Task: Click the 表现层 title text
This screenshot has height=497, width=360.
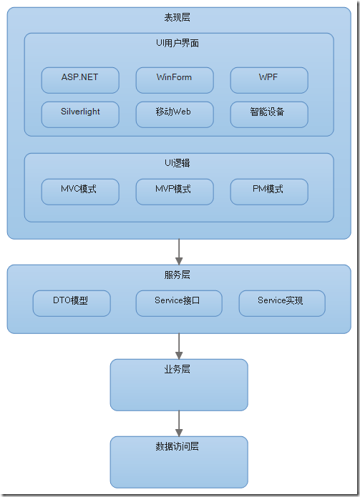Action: point(178,18)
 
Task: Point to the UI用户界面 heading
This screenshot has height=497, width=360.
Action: point(178,44)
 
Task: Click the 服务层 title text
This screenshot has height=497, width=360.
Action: point(178,275)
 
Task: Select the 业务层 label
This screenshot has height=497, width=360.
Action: point(178,370)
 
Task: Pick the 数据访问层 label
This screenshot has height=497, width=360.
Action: point(178,447)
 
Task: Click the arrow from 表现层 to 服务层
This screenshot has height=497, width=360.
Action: point(179,251)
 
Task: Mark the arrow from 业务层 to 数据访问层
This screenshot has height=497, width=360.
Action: point(179,423)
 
